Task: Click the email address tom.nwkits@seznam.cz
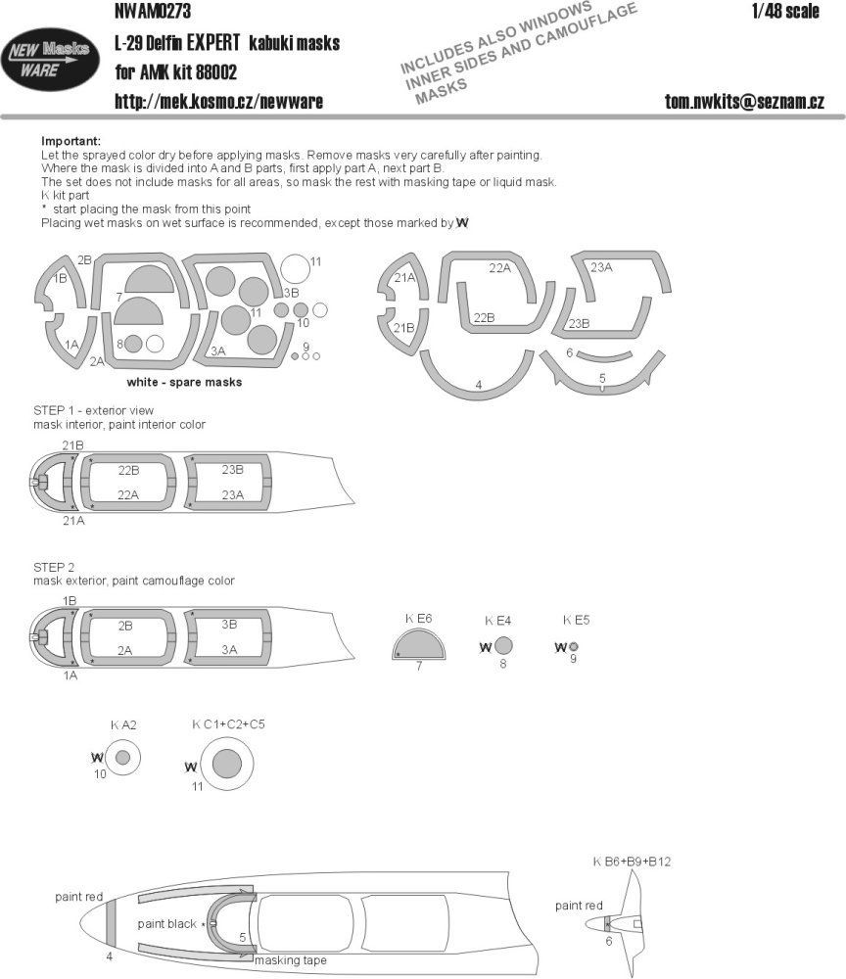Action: (744, 101)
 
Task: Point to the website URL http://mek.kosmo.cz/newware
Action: (218, 101)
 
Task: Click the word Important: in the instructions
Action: (70, 141)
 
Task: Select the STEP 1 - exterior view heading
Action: (93, 409)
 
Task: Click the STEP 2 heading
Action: (54, 567)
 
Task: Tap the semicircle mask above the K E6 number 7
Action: (418, 645)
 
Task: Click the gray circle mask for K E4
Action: (502, 646)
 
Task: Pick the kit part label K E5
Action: (576, 620)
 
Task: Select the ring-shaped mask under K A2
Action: (122, 758)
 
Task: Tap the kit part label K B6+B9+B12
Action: (631, 862)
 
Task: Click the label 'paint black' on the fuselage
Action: (167, 923)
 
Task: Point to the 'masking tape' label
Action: (290, 960)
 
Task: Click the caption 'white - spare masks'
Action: (184, 382)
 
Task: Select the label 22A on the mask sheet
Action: (500, 267)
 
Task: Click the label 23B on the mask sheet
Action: (579, 323)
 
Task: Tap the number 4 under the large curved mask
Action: (478, 385)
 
